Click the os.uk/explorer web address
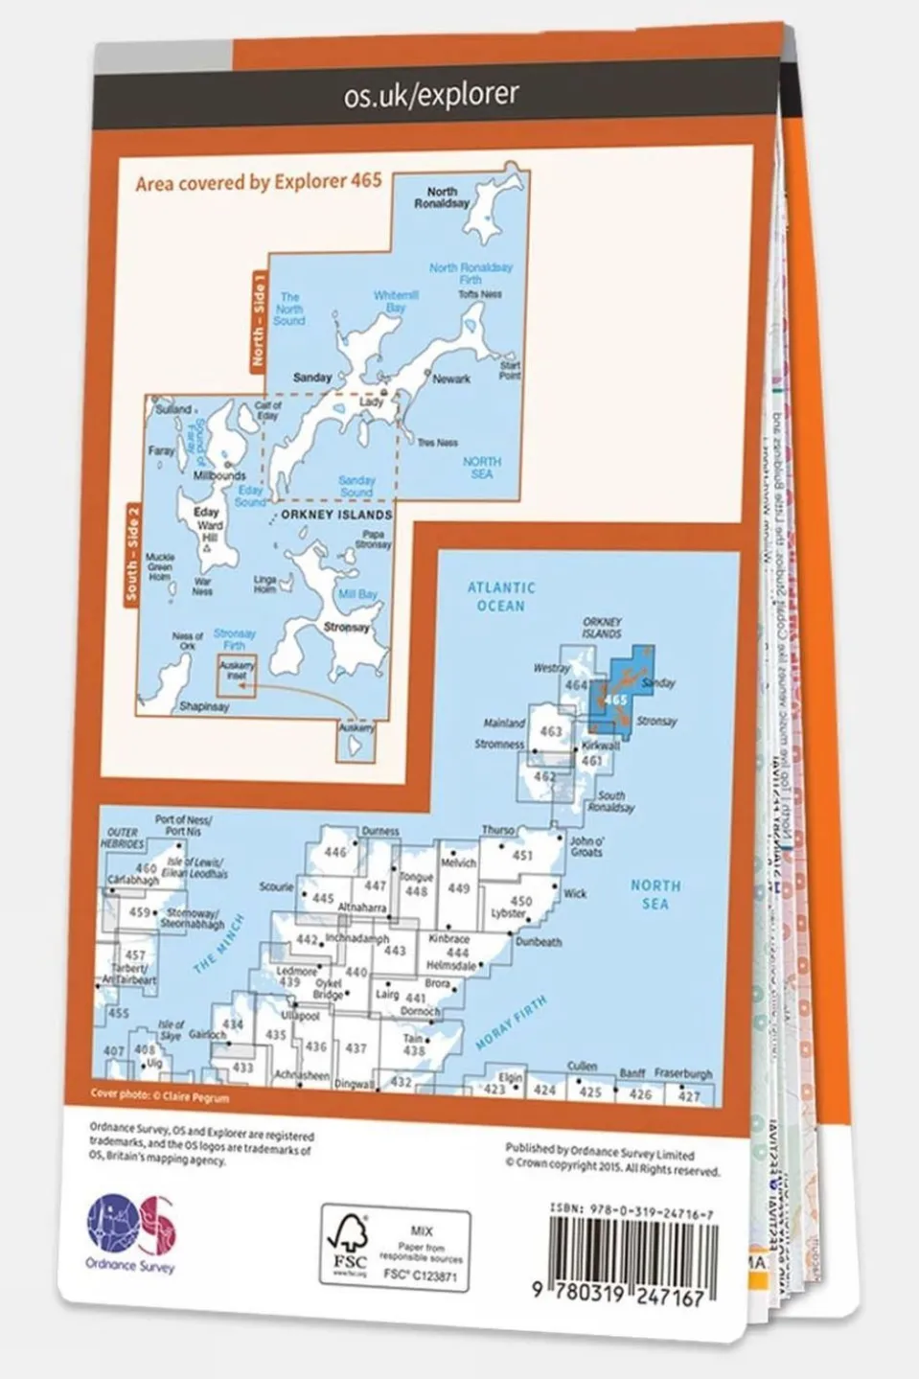[431, 94]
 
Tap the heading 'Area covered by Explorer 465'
[259, 181]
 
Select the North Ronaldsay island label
[442, 197]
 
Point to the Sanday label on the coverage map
[312, 378]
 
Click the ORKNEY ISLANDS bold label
[336, 515]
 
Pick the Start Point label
[510, 370]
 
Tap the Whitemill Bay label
[396, 302]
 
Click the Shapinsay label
[204, 706]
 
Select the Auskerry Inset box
[236, 674]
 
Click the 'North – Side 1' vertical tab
[257, 321]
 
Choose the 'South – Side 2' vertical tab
[131, 555]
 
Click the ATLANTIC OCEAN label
[500, 596]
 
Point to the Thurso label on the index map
[497, 831]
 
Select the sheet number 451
[522, 855]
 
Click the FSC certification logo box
[395, 1247]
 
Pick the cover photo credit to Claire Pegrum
[160, 1095]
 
